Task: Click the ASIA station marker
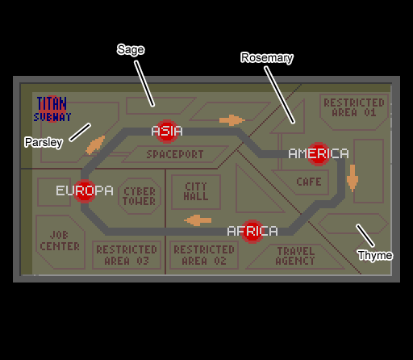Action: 167,132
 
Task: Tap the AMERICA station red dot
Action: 319,154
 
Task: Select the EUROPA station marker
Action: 85,191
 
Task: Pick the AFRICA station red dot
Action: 252,232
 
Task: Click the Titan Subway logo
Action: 52,109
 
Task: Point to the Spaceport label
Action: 175,154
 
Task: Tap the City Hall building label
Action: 196,191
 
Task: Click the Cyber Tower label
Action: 140,196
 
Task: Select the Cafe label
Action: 309,182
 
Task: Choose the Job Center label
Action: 60,241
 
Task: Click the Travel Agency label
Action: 295,256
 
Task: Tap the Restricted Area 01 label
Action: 354,107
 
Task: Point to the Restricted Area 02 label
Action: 204,255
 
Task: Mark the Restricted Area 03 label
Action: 127,255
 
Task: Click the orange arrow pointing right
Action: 232,120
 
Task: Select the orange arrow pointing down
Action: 353,178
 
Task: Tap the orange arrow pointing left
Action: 198,220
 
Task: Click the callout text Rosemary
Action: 267,58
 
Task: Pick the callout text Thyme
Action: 375,255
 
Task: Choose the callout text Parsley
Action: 44,142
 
